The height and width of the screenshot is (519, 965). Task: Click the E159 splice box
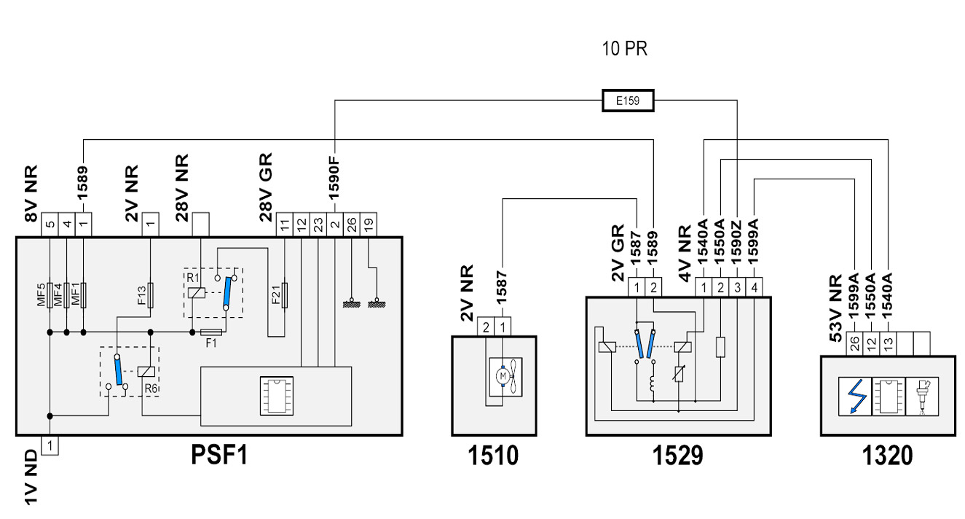click(628, 101)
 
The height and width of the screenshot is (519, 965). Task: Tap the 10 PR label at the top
click(624, 49)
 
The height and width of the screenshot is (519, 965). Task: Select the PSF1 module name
click(219, 455)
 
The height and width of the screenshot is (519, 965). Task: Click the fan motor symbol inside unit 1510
click(505, 377)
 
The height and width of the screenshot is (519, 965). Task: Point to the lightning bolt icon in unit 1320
click(855, 397)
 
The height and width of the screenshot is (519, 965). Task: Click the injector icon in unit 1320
click(922, 397)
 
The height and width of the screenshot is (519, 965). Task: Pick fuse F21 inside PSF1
click(284, 295)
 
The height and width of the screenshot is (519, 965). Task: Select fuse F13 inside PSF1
click(150, 295)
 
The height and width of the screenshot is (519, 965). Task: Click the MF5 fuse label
click(42, 294)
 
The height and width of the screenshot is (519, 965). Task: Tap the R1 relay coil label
click(192, 278)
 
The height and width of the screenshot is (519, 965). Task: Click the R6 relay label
click(151, 389)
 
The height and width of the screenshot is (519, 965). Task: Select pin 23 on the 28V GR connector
click(318, 225)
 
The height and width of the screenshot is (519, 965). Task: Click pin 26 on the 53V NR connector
click(855, 344)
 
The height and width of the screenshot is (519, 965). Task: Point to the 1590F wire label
click(334, 178)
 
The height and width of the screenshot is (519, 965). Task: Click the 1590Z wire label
click(736, 242)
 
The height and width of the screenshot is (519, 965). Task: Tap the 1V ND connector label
click(31, 477)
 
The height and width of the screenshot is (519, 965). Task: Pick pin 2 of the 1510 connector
click(486, 327)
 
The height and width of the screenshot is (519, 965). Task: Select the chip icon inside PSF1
click(277, 396)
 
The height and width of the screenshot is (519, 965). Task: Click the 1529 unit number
click(678, 456)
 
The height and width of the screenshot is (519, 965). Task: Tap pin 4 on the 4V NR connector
click(754, 287)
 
